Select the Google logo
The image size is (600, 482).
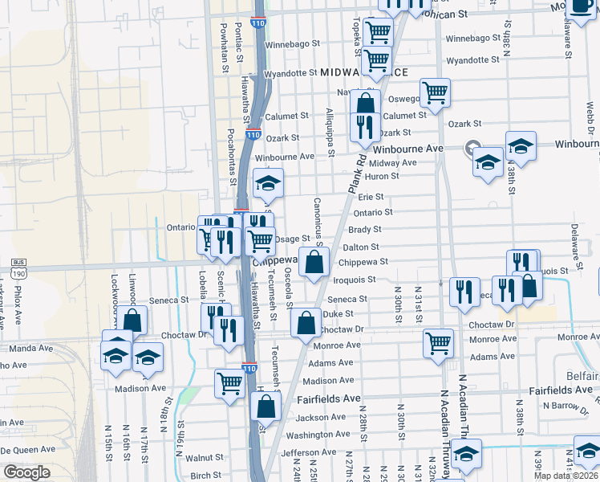(x=26, y=472)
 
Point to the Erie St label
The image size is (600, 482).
(x=371, y=197)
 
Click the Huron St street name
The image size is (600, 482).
(x=382, y=176)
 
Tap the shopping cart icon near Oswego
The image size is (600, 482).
(x=435, y=91)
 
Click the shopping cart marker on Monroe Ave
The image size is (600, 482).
(x=438, y=343)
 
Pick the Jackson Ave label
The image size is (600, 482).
(x=313, y=418)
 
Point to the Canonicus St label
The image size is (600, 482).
(x=318, y=222)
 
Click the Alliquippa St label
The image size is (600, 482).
(x=330, y=129)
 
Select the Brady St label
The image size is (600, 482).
(x=364, y=230)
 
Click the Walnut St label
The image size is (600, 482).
(x=204, y=458)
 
